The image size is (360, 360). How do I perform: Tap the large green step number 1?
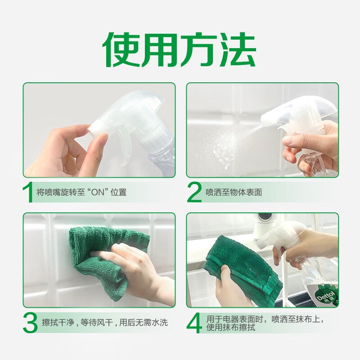[28, 193]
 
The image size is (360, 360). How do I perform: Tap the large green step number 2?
[194, 193]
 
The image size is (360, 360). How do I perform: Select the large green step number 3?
[30, 323]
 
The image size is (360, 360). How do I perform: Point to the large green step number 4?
[194, 323]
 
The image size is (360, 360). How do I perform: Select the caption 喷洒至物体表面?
[234, 193]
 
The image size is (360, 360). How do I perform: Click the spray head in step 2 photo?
[306, 112]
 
